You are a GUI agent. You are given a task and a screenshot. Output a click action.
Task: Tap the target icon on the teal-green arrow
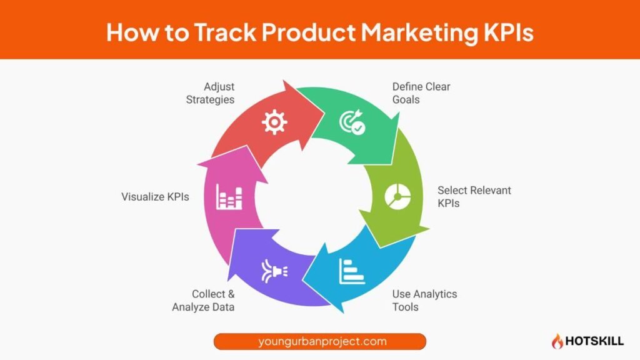(351, 122)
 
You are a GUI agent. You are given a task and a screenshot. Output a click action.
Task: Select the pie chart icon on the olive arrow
(396, 197)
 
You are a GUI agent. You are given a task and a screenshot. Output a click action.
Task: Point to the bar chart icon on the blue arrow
(351, 271)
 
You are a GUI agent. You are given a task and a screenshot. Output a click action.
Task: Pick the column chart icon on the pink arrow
(229, 196)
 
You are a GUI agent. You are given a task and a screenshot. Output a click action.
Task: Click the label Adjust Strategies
(210, 93)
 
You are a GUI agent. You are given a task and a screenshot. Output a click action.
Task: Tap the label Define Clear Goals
(421, 93)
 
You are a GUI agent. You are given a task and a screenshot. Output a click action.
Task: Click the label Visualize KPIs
(155, 197)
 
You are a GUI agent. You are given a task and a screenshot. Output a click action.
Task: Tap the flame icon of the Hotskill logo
(556, 341)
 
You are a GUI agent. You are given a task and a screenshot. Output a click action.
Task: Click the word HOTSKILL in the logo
(594, 342)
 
